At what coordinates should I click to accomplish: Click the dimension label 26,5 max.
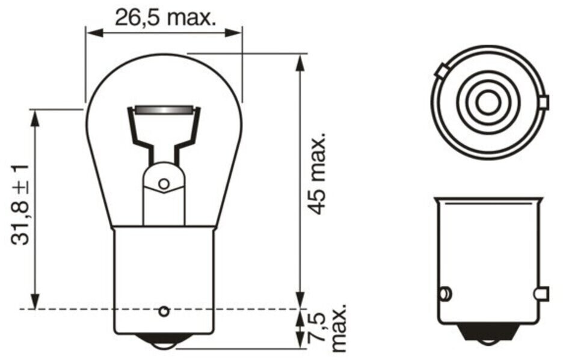[165, 17]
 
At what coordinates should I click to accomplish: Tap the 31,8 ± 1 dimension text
[20, 205]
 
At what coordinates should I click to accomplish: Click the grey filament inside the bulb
[164, 109]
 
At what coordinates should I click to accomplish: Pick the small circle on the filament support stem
[164, 184]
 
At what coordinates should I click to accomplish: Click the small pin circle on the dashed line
[164, 311]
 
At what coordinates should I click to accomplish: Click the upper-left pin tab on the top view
[442, 71]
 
